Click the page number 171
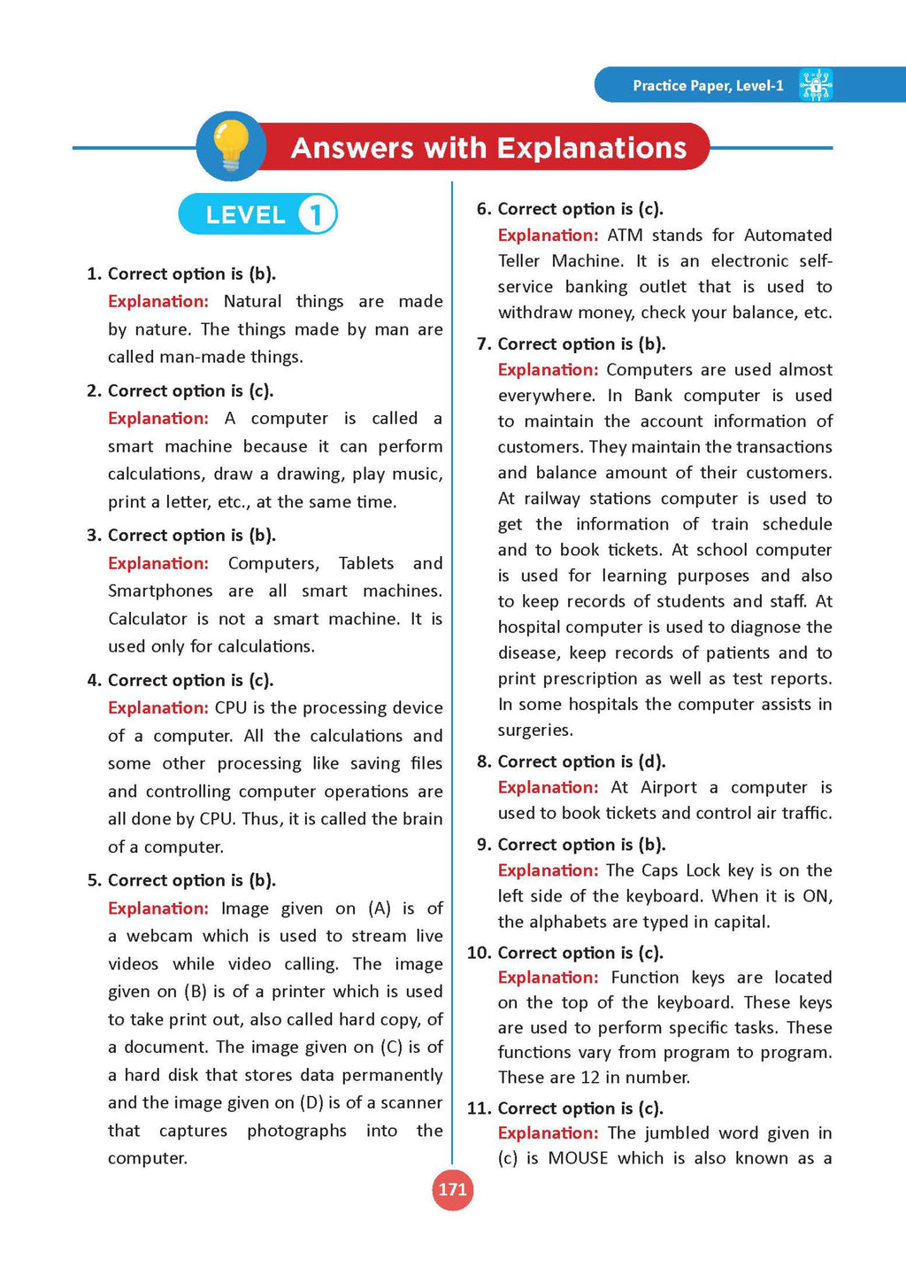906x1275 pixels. coord(452,1189)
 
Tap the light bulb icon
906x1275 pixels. coord(232,146)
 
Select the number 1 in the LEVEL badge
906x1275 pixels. coord(316,214)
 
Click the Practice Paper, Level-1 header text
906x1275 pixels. coord(708,86)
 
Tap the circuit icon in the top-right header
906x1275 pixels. coord(815,85)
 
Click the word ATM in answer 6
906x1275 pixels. coord(625,235)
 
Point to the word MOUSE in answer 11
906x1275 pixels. coord(578,1158)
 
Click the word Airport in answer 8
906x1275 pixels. coord(668,787)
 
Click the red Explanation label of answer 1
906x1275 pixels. coord(158,301)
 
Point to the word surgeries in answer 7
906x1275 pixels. coord(534,730)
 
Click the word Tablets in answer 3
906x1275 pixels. coord(366,563)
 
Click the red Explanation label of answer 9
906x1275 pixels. coord(549,870)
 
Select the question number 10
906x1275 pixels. coord(478,953)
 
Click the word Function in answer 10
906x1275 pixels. coord(645,977)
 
